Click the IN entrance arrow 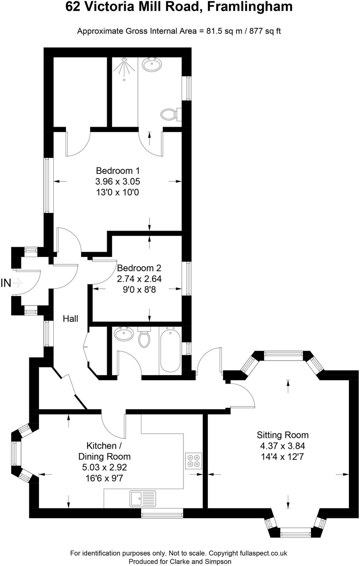click(18, 283)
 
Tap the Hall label click(71, 319)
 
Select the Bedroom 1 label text click(118, 171)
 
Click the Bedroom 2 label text click(139, 268)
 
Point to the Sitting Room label click(282, 435)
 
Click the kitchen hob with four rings click(193, 461)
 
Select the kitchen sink click(143, 498)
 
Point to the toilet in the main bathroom click(144, 338)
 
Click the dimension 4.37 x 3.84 click(282, 446)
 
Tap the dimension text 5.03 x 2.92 click(105, 467)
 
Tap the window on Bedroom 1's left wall click(47, 185)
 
